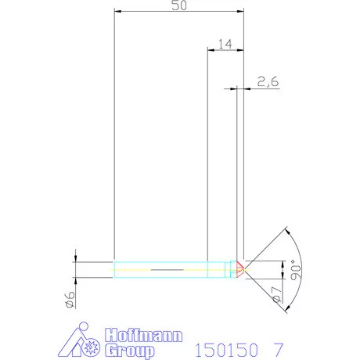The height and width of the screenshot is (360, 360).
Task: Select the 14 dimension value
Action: [x=225, y=44]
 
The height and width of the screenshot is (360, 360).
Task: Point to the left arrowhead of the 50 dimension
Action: [x=117, y=12]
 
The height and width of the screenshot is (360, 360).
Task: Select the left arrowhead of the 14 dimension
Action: [x=210, y=50]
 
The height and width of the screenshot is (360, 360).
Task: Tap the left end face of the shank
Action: [x=114, y=268]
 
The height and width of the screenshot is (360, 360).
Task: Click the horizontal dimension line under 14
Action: [x=225, y=50]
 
